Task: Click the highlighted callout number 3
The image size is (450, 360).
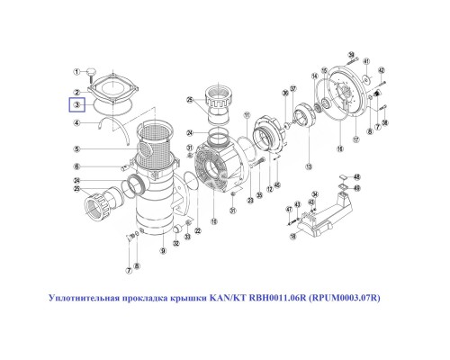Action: coord(78,105)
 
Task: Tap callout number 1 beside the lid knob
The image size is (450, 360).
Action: coord(78,68)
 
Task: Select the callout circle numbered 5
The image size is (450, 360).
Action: coord(78,148)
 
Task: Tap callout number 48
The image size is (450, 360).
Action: coord(356,177)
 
